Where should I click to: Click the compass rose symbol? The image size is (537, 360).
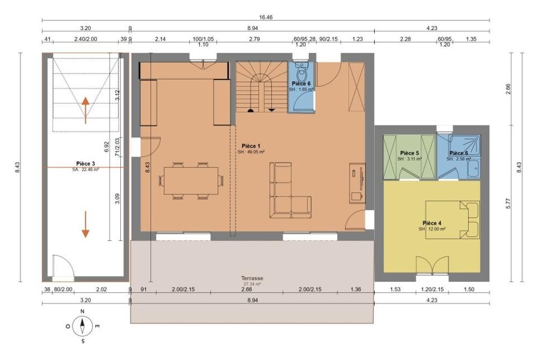(x=82, y=326)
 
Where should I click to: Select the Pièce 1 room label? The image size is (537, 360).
(x=251, y=146)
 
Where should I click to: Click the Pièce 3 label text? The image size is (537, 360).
(x=86, y=164)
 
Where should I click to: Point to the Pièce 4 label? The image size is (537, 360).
(x=432, y=223)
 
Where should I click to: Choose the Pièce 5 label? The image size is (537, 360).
(x=410, y=153)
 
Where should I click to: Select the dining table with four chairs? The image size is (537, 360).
(x=191, y=181)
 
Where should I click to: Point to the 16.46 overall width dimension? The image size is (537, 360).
(x=266, y=17)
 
